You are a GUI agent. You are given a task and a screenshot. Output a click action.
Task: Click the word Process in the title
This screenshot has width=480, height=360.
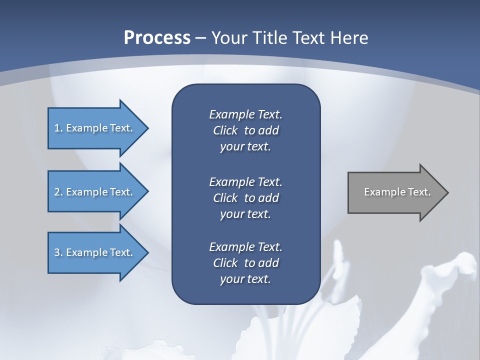point(157,38)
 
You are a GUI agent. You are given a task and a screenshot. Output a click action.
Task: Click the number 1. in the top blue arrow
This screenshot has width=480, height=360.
point(58,128)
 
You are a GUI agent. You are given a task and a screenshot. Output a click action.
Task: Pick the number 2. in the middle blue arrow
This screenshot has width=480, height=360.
point(58,192)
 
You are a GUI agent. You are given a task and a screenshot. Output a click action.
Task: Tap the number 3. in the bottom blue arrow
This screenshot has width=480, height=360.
point(58,252)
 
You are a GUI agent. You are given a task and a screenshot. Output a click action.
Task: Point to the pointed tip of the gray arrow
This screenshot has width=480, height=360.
point(447,192)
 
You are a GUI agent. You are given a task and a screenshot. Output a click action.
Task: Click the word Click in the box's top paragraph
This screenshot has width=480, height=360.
point(225,130)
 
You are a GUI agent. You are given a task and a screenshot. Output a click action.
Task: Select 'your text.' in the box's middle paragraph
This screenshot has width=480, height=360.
point(245,214)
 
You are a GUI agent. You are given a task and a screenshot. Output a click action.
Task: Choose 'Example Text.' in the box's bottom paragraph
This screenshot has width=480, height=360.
point(245,247)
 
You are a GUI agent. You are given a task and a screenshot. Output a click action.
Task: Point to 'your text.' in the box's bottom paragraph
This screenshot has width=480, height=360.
point(245,279)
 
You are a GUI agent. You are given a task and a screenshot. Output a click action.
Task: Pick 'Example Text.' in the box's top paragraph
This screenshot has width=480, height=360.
point(245,114)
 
